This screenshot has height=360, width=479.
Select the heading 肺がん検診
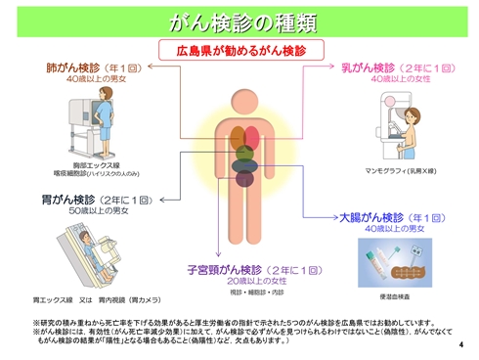(x=75, y=69)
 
